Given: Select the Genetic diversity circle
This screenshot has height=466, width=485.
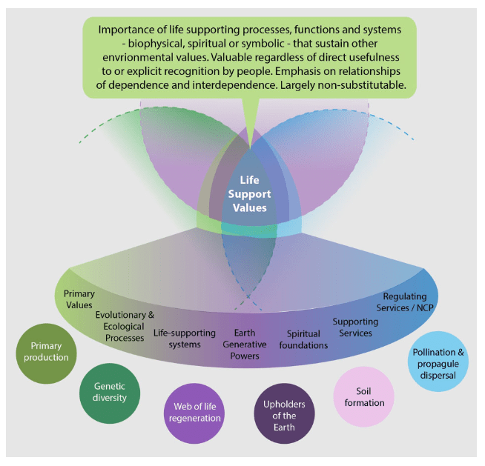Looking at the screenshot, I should tap(110, 392).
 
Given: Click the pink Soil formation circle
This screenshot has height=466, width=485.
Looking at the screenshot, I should tap(364, 396).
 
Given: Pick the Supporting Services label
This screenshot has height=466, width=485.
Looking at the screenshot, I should tap(354, 327).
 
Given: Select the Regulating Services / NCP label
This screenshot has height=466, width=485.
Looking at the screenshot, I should tap(405, 302).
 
